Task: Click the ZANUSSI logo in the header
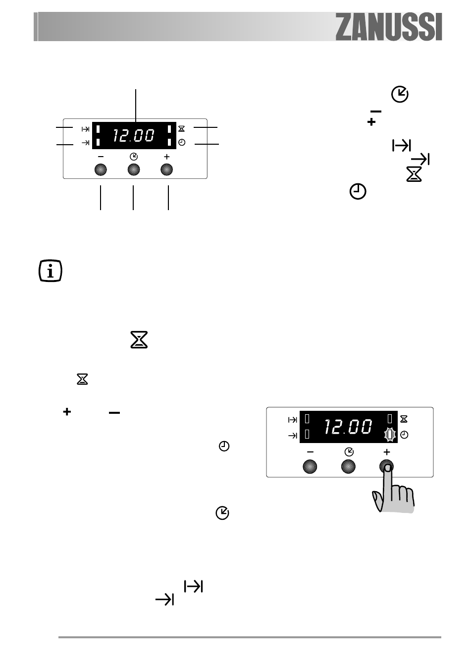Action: (x=388, y=27)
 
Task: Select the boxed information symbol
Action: (x=51, y=271)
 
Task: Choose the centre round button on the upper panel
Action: (x=134, y=169)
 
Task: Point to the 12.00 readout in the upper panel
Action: (x=134, y=135)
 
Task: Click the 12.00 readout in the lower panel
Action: (x=348, y=427)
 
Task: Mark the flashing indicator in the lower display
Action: (x=389, y=435)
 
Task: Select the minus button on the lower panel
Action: (x=310, y=467)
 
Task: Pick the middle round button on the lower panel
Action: (x=348, y=467)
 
